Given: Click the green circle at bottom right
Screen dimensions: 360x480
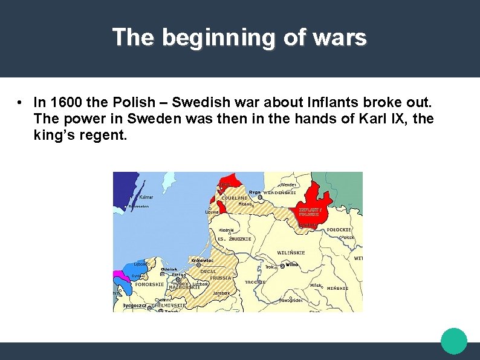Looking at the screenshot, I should [453, 341].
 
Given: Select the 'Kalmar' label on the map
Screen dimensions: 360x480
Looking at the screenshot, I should [146, 197].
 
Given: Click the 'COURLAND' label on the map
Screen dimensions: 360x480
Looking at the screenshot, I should [235, 198].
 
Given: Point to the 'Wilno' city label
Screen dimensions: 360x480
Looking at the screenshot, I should [292, 264].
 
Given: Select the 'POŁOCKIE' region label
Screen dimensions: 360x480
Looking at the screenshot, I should [339, 230].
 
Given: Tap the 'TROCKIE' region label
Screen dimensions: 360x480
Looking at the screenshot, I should [255, 282].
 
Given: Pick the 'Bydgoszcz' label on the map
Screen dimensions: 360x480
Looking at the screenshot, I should [135, 306].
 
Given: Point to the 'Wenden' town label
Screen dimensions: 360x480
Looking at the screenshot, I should [288, 185].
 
